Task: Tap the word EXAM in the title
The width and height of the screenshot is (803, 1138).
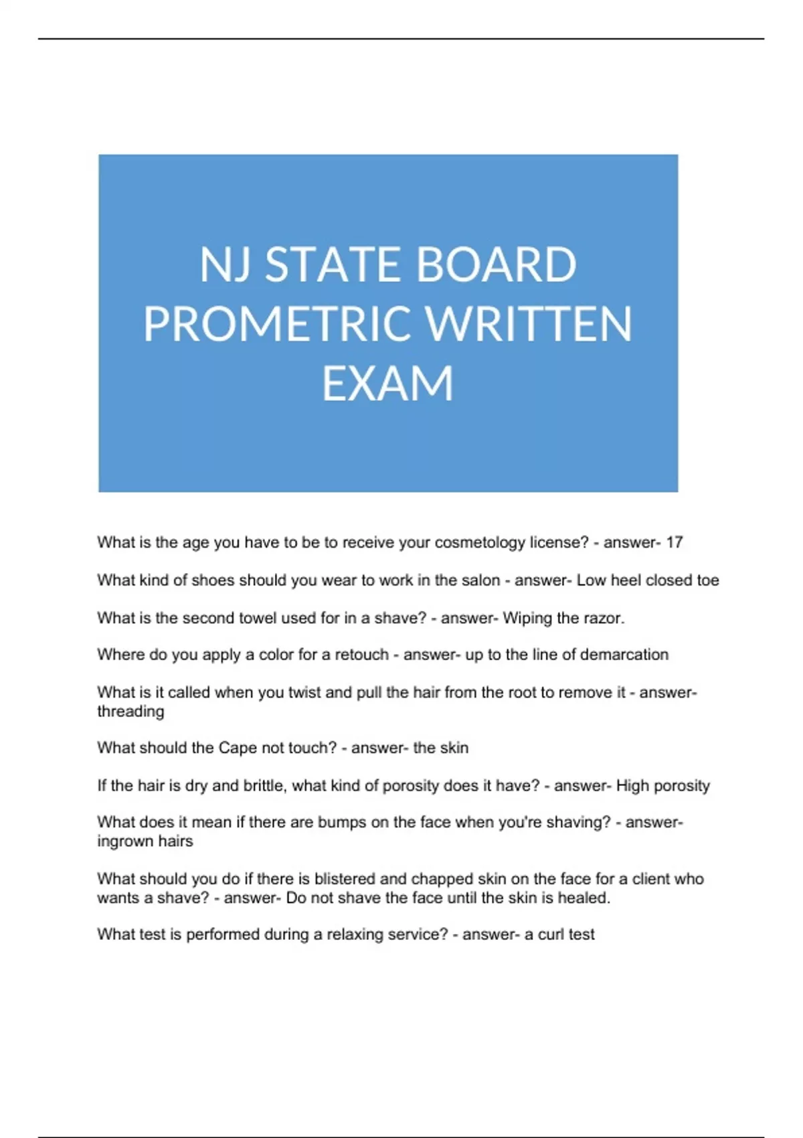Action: [x=388, y=384]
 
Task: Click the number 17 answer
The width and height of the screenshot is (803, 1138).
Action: [x=674, y=542]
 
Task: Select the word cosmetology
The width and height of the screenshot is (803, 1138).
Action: [x=480, y=542]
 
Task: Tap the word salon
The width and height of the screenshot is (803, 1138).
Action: [x=480, y=580]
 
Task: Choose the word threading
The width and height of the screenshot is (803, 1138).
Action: [x=130, y=711]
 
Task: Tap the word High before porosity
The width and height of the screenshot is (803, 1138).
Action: [x=632, y=785]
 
